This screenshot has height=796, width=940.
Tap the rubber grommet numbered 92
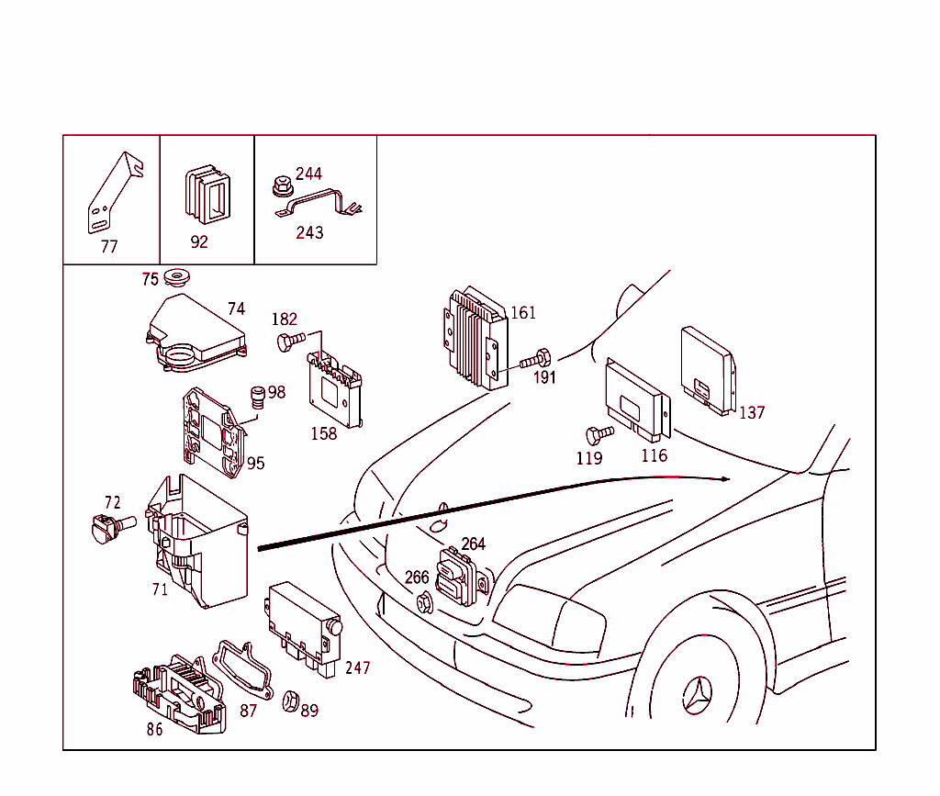[207, 196]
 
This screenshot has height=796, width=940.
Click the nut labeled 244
[282, 186]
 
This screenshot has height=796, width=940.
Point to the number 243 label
[309, 233]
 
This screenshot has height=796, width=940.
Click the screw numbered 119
[599, 432]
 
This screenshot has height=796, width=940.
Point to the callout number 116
[654, 455]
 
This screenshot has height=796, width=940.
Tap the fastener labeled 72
[106, 527]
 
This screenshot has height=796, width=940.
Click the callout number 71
[160, 589]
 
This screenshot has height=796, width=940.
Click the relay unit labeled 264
[461, 577]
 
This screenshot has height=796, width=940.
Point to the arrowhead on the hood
[725, 478]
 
